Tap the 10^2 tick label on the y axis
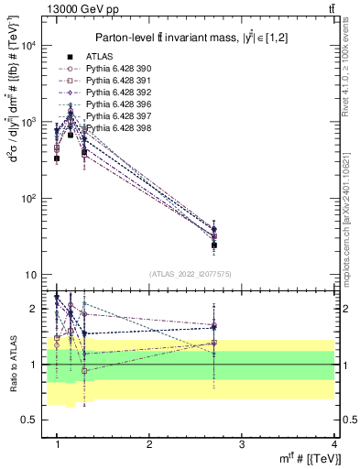29,199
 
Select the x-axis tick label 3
242,444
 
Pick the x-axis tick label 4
334,444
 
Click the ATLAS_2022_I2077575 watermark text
190,274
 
